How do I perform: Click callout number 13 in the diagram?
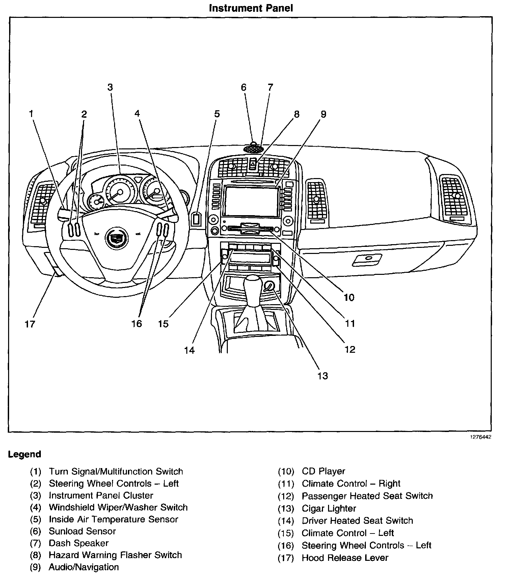323,376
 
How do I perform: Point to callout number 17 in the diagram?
30,324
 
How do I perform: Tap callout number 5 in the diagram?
217,114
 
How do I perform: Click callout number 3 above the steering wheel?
110,87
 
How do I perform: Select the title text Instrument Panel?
251,8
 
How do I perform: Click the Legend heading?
25,454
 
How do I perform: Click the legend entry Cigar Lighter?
329,508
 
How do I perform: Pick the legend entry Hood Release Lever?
345,558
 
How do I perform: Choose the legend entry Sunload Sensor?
82,531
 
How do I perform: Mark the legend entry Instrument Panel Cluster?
101,495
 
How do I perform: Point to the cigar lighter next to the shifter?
270,286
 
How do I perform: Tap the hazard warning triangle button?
253,164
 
